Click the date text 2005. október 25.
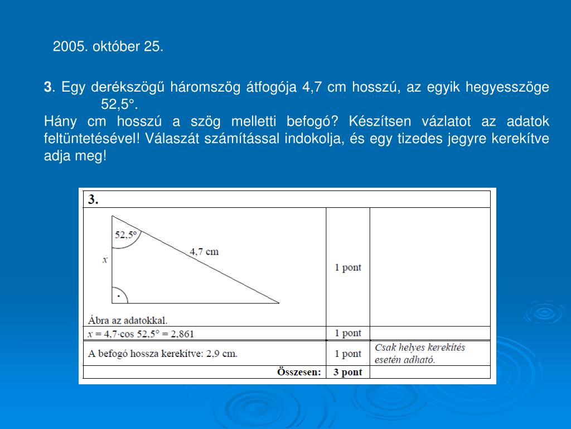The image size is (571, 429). pos(108,47)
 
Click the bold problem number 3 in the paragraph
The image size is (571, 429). pos(47,87)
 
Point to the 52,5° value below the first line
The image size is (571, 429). pos(118,104)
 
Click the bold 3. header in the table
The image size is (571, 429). pos(93,199)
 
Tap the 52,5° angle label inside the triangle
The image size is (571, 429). pos(125,235)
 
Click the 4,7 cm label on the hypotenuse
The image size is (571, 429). pos(204,251)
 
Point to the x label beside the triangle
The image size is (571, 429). pos(105,260)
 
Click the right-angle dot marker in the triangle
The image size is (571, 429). pos(118,297)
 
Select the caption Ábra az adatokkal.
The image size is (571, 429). pos(128,320)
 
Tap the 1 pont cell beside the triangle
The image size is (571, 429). pos(348,268)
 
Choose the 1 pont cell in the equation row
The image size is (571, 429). pos(348,333)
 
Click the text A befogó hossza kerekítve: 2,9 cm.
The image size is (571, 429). pos(163,354)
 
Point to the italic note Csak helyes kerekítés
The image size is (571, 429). pos(419,347)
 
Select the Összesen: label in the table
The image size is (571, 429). pos(299,372)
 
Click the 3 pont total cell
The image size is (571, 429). pos(348,373)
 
